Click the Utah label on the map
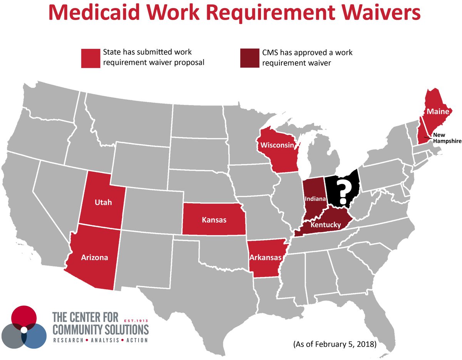tap(104, 202)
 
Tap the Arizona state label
tap(94, 258)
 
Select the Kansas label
tap(214, 220)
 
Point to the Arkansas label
tap(266, 257)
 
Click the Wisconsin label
tap(278, 146)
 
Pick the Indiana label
tap(315, 199)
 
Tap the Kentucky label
tap(326, 224)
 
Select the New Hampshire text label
tap(447, 138)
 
